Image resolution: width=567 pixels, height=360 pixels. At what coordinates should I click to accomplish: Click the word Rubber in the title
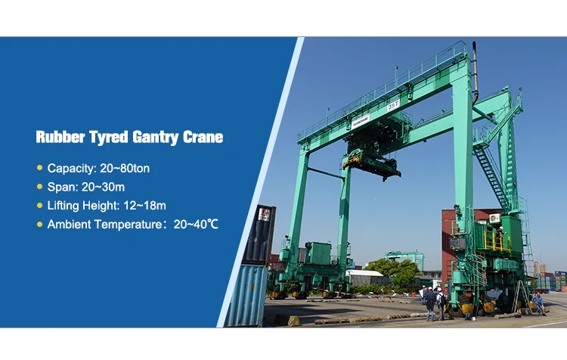coord(60,137)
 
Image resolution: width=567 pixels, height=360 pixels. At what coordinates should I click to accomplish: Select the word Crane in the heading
coord(203,137)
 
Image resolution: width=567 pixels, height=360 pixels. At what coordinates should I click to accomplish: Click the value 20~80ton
coord(125,168)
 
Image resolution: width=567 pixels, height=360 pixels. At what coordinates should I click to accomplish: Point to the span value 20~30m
coord(103,187)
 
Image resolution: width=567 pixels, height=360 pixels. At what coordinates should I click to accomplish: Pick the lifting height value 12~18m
coord(144,206)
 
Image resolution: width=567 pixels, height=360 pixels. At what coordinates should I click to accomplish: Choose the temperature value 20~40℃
coord(196,225)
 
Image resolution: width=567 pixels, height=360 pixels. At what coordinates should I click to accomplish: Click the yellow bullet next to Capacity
coord(40,167)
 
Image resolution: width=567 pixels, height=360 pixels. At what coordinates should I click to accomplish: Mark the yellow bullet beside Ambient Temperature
coord(40,224)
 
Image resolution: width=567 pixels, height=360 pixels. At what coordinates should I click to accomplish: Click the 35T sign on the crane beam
coord(393,105)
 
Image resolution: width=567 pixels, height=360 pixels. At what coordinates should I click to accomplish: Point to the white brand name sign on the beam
coord(361,121)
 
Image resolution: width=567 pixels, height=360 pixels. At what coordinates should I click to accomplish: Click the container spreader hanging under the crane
coord(372,166)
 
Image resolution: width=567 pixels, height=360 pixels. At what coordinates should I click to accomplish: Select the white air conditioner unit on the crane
coord(494,218)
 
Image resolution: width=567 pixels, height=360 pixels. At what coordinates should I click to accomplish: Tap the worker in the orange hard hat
coord(539,303)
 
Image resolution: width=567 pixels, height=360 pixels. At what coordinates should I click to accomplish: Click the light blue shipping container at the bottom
coord(246,295)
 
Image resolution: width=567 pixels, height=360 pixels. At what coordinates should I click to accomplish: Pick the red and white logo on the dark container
coord(264,215)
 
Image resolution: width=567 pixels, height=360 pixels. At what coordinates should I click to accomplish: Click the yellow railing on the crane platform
coord(497,240)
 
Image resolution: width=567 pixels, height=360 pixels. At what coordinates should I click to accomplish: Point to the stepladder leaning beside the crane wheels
coord(522,296)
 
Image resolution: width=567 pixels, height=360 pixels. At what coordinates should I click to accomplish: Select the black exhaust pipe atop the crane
coord(476,73)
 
